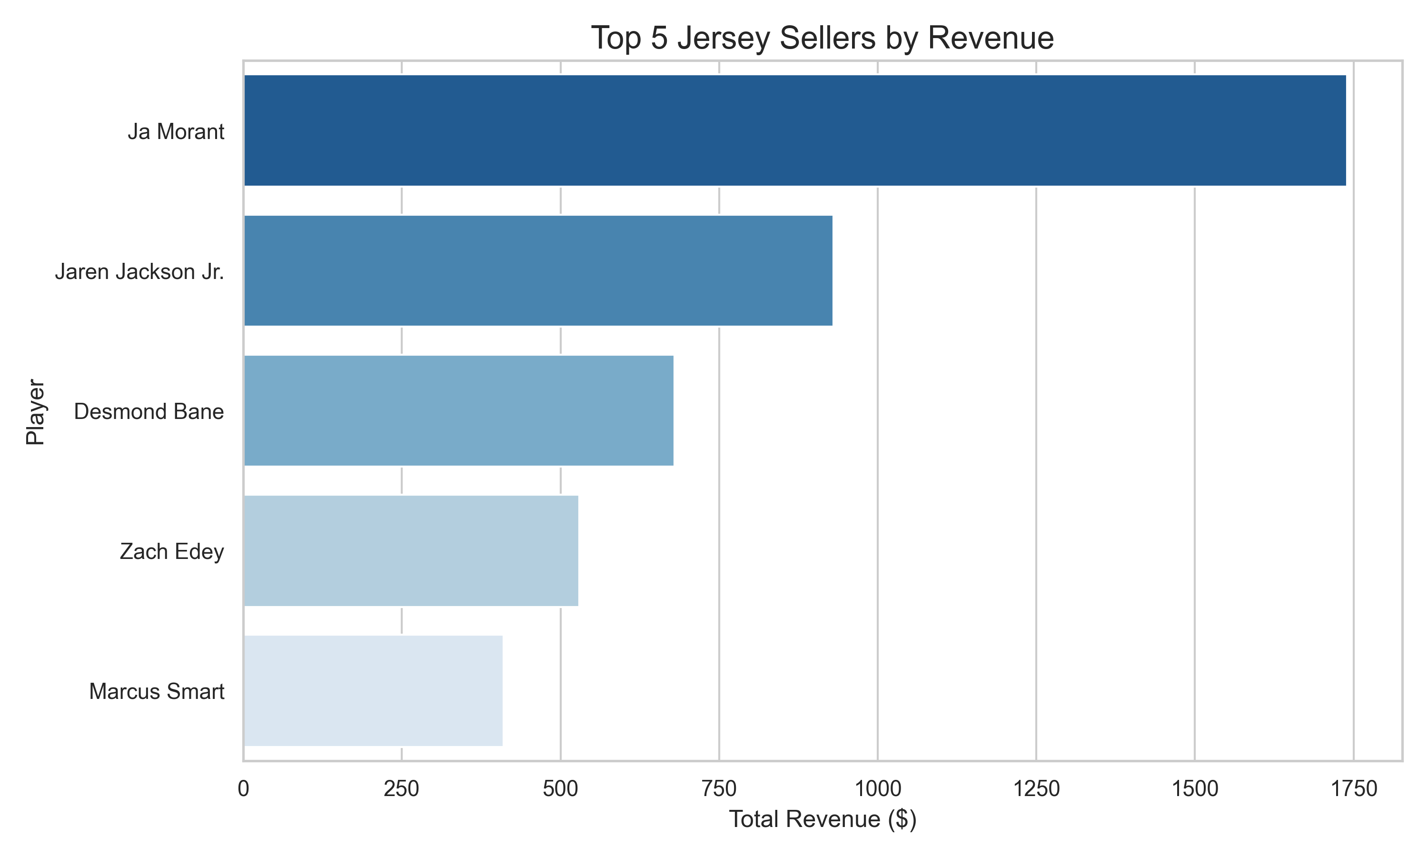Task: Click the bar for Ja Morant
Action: pos(795,130)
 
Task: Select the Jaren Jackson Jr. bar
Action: pos(538,270)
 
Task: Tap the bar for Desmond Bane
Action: pos(458,410)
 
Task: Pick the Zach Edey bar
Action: pos(411,550)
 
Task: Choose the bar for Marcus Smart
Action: pos(373,691)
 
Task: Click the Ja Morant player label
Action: pos(176,132)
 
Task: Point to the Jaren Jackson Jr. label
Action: pos(139,271)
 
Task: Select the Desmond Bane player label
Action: pos(149,412)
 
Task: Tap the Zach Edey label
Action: pos(171,551)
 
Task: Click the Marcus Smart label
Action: pos(157,691)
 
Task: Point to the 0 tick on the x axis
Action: pos(244,789)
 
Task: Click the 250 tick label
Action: pos(402,789)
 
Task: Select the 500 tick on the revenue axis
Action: pos(560,789)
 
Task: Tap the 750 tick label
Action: pos(719,789)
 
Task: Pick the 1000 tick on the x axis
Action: pos(877,789)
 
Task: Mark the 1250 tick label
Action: pos(1036,789)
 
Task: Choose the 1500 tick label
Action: pos(1195,789)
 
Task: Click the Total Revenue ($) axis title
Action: pos(823,819)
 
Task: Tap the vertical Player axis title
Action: pos(36,412)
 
